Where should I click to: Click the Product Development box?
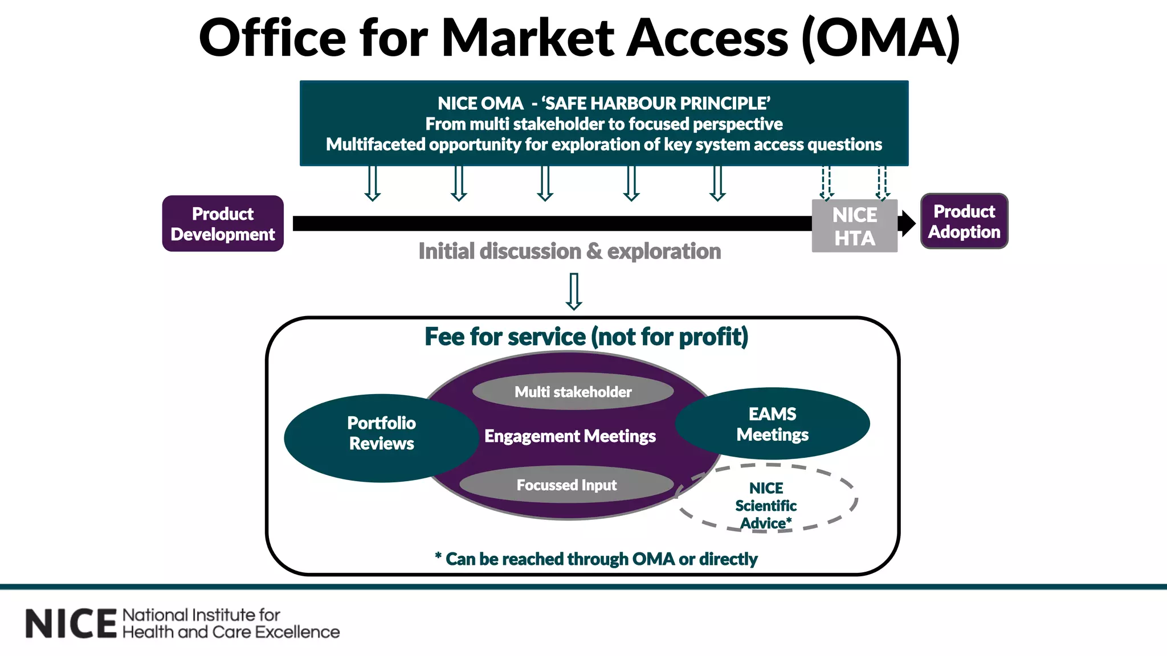[223, 224]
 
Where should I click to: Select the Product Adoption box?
[964, 222]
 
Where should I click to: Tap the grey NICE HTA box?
[854, 226]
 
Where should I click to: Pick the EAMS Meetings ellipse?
[772, 424]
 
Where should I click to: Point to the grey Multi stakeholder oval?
[573, 392]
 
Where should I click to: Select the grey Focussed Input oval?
[566, 485]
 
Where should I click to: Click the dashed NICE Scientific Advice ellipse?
[766, 505]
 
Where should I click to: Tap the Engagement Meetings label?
[570, 436]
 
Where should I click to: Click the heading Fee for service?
[586, 337]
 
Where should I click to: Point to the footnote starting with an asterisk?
[595, 559]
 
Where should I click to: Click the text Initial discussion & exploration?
[569, 252]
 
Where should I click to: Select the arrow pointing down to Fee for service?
[574, 292]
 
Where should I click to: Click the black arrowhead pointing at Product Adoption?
[907, 223]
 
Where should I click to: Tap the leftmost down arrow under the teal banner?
[372, 183]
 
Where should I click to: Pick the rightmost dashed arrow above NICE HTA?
[882, 182]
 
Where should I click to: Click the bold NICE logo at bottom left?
[71, 624]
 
